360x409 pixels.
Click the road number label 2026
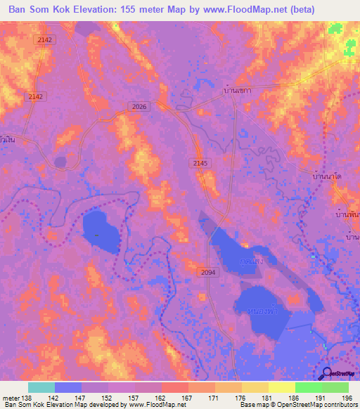tap(139, 106)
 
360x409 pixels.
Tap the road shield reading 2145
tap(200, 163)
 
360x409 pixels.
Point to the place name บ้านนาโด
tap(326, 178)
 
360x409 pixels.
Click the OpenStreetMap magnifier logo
tap(328, 373)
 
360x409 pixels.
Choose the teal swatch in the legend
tap(41, 387)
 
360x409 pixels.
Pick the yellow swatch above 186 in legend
tap(282, 387)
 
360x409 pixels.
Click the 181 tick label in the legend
tap(266, 398)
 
